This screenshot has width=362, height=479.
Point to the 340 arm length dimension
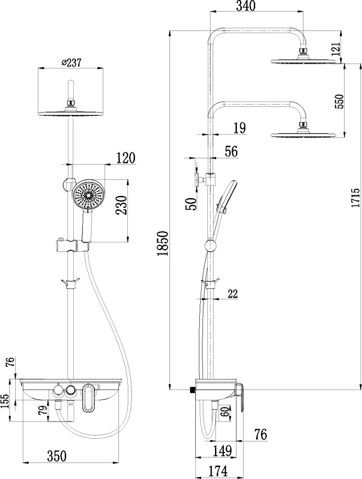click(x=245, y=6)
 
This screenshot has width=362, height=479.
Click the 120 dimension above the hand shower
click(x=126, y=158)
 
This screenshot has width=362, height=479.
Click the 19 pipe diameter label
click(x=239, y=128)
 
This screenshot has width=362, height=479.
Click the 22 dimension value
click(x=232, y=294)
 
